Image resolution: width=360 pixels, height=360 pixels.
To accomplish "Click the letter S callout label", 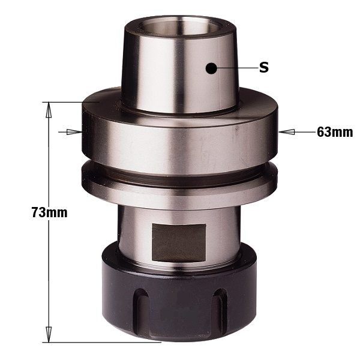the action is click(x=264, y=68).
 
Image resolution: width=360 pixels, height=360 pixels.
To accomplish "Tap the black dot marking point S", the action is click(x=211, y=68).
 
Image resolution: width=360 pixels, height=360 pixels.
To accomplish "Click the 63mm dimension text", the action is click(x=335, y=132).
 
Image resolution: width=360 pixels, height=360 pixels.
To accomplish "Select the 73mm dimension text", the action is click(x=50, y=212).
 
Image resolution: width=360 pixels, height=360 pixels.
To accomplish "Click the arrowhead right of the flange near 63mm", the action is click(x=287, y=132).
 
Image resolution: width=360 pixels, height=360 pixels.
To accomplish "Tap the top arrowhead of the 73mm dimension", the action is click(x=49, y=110).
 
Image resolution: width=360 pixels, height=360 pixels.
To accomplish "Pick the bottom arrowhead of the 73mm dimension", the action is click(x=49, y=334).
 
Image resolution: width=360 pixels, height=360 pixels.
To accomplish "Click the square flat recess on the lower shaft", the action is click(x=179, y=243).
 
